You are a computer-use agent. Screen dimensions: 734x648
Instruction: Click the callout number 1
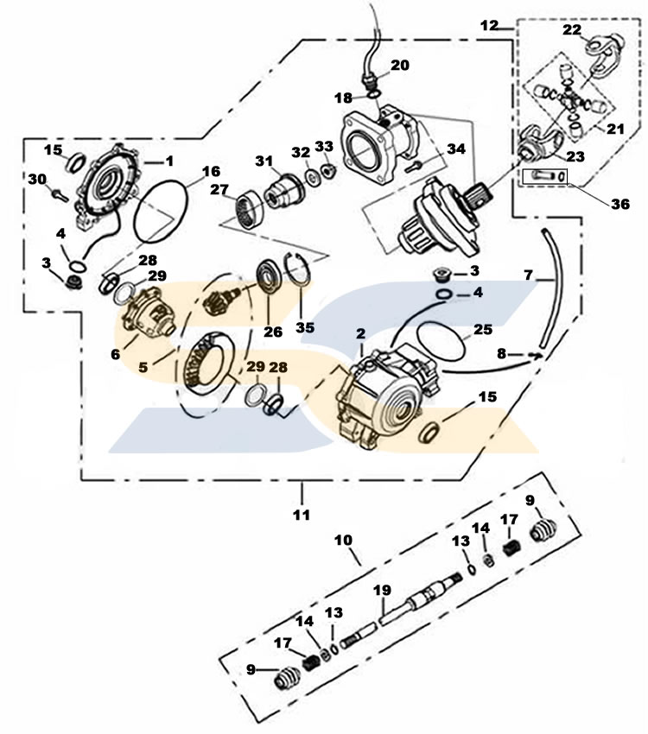coord(169,161)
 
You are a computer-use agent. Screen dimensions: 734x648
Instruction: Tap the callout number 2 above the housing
coord(360,333)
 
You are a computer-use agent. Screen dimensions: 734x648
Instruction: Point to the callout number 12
coord(490,26)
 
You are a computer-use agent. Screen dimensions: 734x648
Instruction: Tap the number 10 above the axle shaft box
coord(343,540)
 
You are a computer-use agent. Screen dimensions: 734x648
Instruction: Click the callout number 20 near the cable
coord(399,65)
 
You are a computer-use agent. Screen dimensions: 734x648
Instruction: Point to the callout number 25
coord(482,329)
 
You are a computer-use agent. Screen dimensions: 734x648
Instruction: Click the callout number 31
coord(264,161)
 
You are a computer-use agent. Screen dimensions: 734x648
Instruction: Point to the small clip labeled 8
coord(537,354)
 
